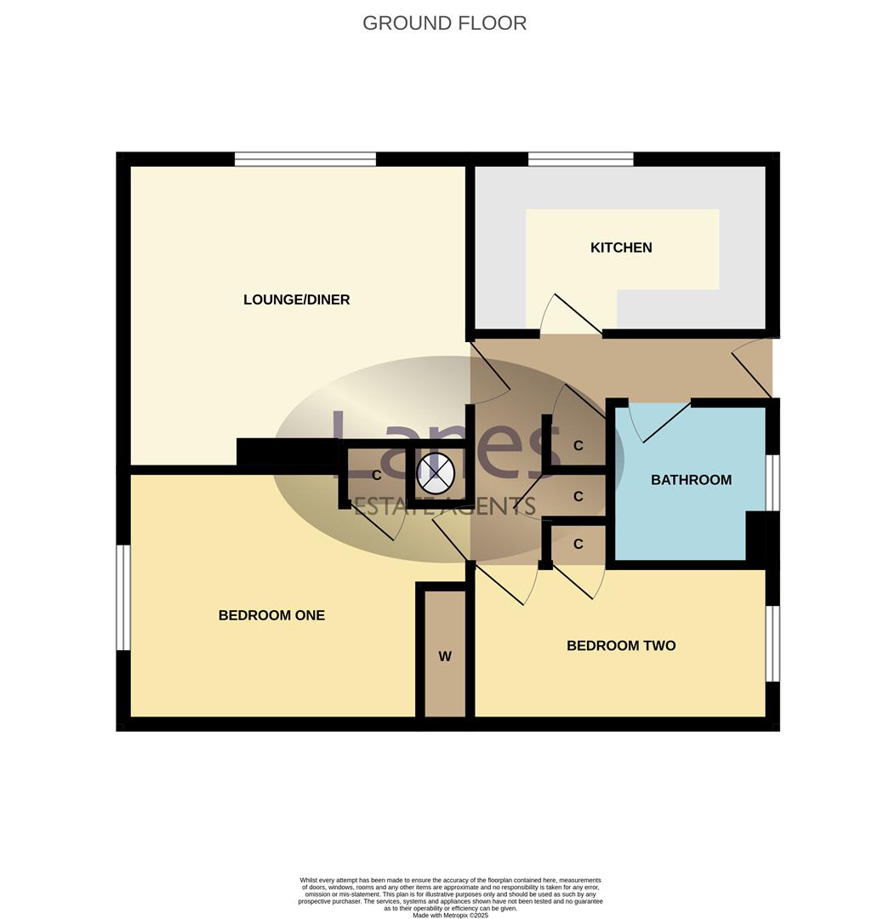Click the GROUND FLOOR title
[x=444, y=23]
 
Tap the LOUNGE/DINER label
[x=296, y=300]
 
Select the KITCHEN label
[x=621, y=248]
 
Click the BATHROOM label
[x=691, y=480]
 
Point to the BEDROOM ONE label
[x=271, y=615]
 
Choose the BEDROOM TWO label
[x=621, y=646]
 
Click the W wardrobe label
[x=444, y=656]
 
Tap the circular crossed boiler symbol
[x=436, y=473]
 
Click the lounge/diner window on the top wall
[x=305, y=159]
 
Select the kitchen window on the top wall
[x=580, y=159]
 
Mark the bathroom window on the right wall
[x=772, y=482]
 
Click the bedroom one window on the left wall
[x=124, y=597]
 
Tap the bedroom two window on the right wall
[x=772, y=643]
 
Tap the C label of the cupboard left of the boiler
[x=376, y=476]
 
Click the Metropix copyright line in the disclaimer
[x=450, y=915]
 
